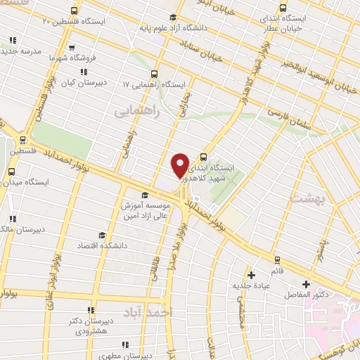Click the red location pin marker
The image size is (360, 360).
pyautogui.click(x=181, y=165)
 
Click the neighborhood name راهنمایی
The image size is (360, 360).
pyautogui.click(x=138, y=111)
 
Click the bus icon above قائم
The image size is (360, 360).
pyautogui.click(x=277, y=259)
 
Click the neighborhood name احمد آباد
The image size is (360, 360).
pyautogui.click(x=147, y=311)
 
